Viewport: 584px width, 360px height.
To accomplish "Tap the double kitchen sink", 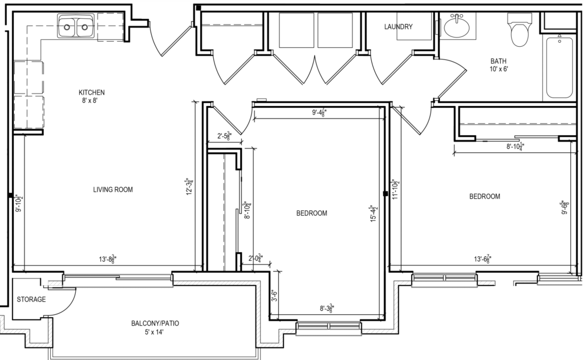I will click(75, 26).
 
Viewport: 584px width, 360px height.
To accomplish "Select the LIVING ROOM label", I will click(113, 189).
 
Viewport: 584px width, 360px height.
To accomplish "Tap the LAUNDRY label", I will click(398, 27).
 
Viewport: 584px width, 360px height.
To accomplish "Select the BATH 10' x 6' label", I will click(498, 65).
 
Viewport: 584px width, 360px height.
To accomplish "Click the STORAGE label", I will click(31, 300).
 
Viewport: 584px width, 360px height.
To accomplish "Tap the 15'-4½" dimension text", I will click(374, 215).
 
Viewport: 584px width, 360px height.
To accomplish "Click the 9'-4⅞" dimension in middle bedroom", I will click(323, 113).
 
